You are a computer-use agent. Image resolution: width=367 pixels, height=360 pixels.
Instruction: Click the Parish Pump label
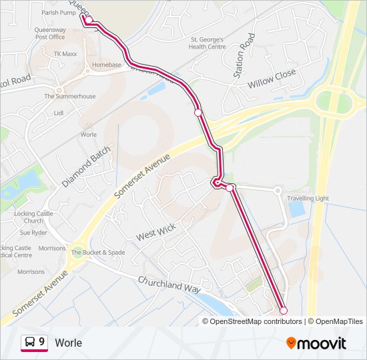(x=59, y=13)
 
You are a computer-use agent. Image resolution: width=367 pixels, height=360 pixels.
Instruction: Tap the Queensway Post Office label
(x=50, y=33)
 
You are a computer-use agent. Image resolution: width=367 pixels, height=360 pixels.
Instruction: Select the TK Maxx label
(x=66, y=53)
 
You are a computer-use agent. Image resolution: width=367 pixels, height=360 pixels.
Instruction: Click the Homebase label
(x=107, y=65)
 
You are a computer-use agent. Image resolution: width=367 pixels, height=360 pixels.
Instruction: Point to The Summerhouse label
(x=70, y=97)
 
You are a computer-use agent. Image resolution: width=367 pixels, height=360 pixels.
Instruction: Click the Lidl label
(x=58, y=113)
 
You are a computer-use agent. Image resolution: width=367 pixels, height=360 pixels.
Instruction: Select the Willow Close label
(x=272, y=79)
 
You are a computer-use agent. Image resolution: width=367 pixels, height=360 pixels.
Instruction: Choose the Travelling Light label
(x=308, y=198)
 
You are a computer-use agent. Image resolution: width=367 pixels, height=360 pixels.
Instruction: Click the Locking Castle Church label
(x=33, y=217)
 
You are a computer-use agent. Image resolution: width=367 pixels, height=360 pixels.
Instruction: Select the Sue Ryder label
(x=33, y=233)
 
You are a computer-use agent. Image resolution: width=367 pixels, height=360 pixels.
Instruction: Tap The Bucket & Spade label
(x=98, y=253)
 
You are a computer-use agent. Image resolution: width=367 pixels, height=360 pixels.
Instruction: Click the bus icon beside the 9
(x=30, y=342)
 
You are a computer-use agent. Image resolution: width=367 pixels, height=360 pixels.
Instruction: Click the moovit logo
(x=316, y=343)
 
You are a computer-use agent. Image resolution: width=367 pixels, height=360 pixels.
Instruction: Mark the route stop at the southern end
(x=283, y=311)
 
